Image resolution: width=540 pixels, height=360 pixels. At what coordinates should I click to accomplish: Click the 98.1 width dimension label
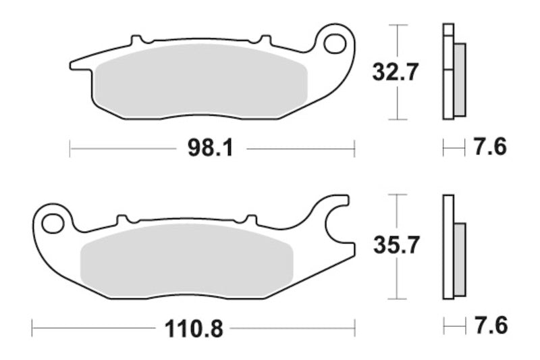click(211, 148)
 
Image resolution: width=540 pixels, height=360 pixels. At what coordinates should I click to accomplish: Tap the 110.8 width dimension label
click(194, 329)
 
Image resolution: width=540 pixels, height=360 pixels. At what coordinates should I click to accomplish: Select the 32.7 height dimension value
click(396, 72)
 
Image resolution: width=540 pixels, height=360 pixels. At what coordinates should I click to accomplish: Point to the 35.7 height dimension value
click(396, 245)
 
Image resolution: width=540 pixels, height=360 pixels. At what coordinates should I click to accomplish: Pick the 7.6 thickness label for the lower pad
click(491, 326)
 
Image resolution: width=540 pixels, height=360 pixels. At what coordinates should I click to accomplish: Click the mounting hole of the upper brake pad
click(334, 44)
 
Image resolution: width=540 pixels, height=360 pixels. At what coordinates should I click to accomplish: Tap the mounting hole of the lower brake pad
click(53, 224)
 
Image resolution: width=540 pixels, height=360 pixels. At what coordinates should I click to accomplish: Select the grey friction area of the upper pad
click(200, 81)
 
